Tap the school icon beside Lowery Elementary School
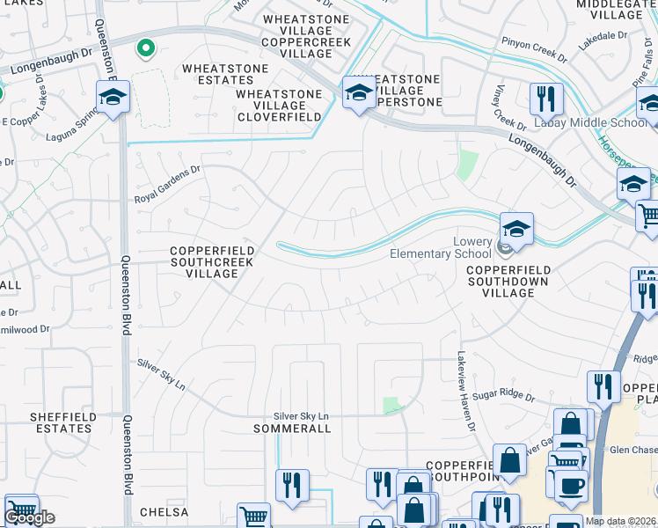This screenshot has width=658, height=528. coord(517,229)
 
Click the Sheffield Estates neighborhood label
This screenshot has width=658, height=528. coord(61,422)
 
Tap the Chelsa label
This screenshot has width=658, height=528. coord(164,511)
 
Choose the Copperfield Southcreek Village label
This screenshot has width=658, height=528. coord(212,261)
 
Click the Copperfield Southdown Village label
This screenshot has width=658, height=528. coord(508,281)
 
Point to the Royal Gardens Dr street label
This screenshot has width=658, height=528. coord(167,186)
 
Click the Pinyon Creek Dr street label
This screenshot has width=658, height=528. coord(534,48)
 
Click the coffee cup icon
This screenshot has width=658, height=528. coord(570,485)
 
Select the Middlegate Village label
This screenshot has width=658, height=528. coord(610,10)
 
